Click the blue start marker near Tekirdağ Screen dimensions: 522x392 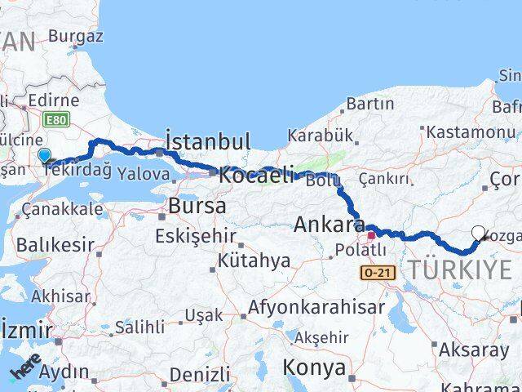44,155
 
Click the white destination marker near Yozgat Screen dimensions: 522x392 479,234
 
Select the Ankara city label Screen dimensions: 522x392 329,224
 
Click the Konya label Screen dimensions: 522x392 314,367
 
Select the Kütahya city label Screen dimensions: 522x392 254,261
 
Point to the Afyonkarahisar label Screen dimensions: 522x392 316,307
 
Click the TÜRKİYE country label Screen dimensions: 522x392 461,269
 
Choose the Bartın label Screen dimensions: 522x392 369,104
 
